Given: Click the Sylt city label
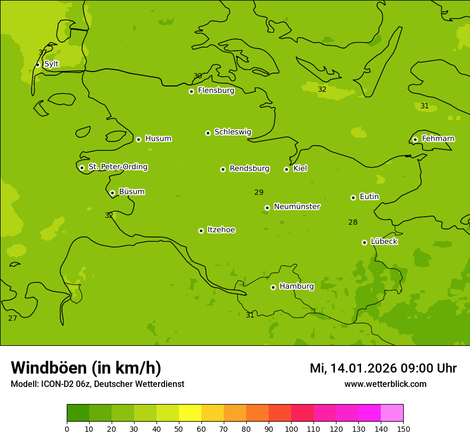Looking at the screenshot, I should pos(51,64).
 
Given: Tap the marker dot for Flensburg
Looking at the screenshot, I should pos(191,91).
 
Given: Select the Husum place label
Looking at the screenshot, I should pos(158,139).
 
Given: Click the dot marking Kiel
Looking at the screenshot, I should pos(286,169).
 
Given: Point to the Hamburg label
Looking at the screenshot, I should pos(296,287).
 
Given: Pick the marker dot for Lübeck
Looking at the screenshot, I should pos(364,242).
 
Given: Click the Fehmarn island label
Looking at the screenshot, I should pos(438,139).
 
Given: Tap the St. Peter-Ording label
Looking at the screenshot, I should pos(117,167).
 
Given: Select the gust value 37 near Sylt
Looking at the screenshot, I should pos(43,52).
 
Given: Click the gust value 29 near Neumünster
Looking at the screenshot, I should pos(259,192).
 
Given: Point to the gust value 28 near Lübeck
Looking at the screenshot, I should pos(353,222).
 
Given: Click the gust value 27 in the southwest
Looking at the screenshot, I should pos(13,318).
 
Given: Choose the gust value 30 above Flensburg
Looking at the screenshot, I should pos(198,76).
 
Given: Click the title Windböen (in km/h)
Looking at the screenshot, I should pos(86,368).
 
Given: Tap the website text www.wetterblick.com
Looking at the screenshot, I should pos(385,384).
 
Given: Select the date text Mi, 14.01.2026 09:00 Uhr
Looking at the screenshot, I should pos(383,368).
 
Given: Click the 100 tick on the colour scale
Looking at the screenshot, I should pos(291,429).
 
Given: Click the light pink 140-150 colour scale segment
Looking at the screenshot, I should pos(392,413).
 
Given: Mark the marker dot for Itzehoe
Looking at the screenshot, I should pos(201,231).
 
